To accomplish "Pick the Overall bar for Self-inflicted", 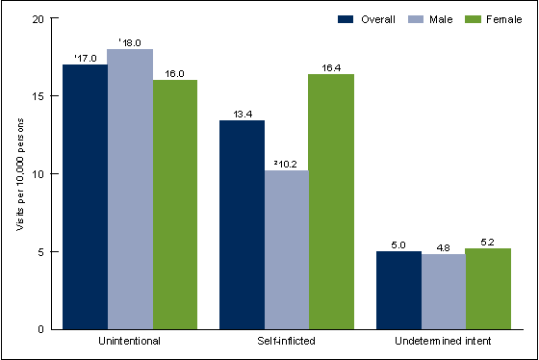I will pos(242,225).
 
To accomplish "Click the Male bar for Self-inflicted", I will pos(287,250).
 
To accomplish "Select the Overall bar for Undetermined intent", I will pos(398,291).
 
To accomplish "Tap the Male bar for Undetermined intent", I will pos(443,292).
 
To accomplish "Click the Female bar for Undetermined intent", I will pos(487,289).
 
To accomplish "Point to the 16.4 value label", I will pos(332,66).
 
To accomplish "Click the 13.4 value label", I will pos(242,113).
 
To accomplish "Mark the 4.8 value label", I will pos(443,246).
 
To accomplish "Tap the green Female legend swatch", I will pos(462,18).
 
